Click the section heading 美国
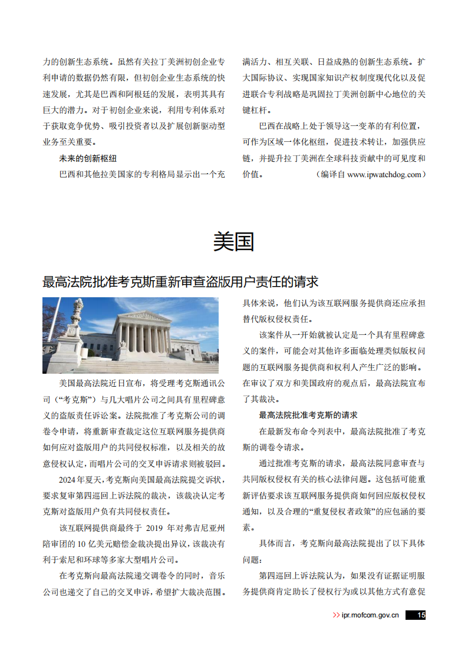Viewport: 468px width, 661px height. pos(233,241)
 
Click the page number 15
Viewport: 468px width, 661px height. pos(420,615)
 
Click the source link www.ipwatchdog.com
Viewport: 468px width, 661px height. pos(385,174)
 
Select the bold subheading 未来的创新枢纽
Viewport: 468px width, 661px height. pos(88,158)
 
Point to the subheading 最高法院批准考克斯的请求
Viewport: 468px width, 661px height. pos(308,415)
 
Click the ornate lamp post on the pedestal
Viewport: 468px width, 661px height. pos(77,318)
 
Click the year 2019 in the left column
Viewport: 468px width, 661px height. pos(156,527)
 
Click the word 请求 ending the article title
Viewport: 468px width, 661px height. pos(306,281)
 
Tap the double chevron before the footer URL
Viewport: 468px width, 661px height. pos(336,615)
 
